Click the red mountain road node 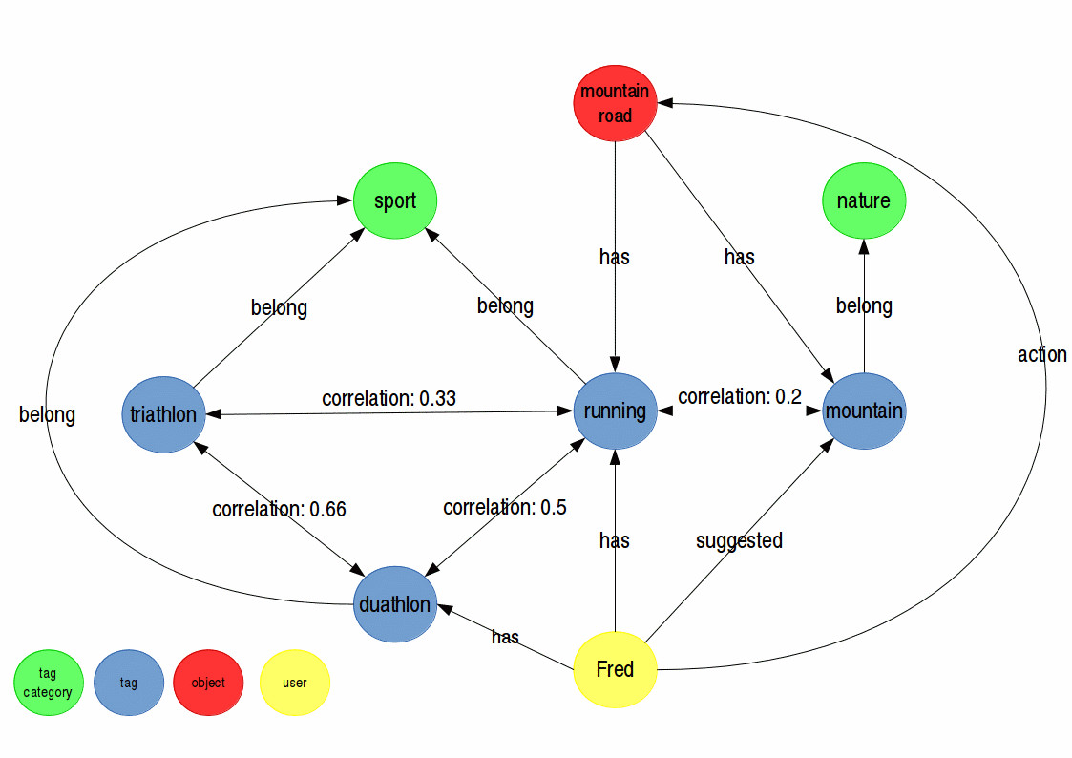(615, 104)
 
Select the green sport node (394, 201)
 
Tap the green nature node (863, 201)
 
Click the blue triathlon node (164, 414)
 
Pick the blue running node (615, 411)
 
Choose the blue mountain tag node (864, 411)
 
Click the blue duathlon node (394, 604)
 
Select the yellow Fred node (615, 669)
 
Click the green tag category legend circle (48, 684)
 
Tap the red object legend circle (208, 684)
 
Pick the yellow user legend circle (295, 684)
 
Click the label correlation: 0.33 (389, 398)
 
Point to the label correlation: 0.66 (279, 509)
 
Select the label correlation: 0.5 (504, 507)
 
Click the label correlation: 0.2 (739, 395)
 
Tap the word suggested (739, 540)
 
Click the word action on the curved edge (1041, 354)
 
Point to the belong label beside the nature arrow (864, 305)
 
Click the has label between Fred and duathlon (505, 637)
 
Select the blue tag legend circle (129, 684)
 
